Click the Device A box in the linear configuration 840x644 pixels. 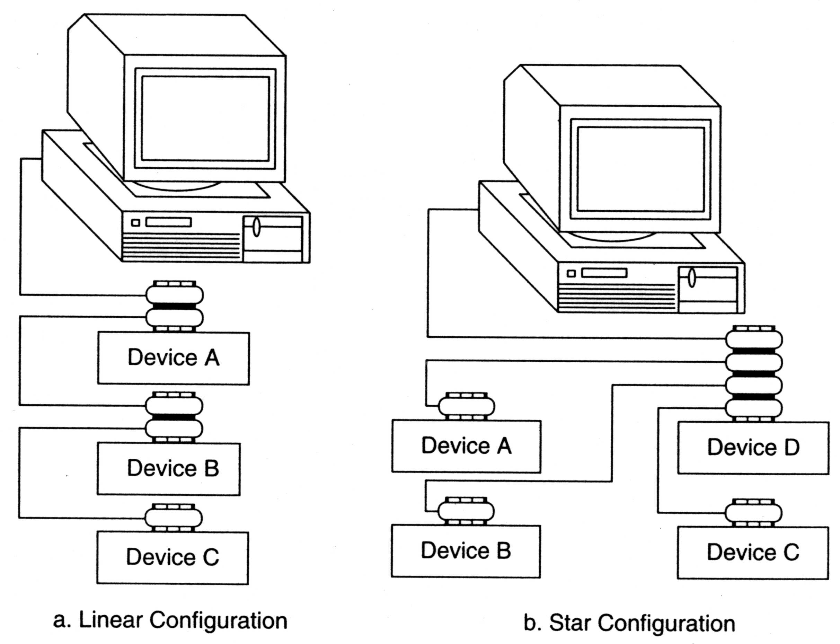point(173,358)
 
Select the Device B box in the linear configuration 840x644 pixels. point(169,468)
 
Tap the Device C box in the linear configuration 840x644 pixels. point(173,557)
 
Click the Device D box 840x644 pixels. point(753,448)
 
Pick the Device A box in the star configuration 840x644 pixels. point(466,446)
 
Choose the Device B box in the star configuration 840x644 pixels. point(466,551)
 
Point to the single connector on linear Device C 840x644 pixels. point(174,518)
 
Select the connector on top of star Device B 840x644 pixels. point(466,511)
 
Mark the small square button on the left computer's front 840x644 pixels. point(135,223)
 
